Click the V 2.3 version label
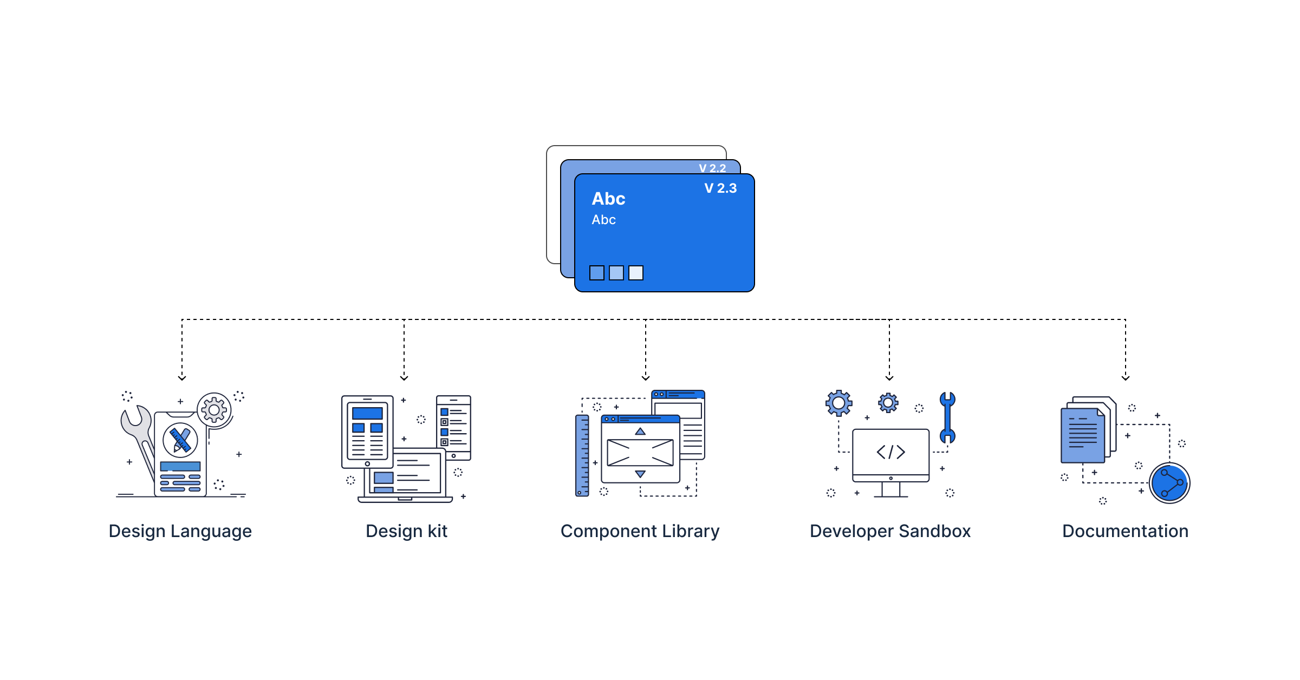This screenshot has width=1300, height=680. [x=720, y=188]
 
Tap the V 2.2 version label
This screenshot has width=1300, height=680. [x=712, y=168]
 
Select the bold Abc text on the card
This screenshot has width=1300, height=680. [x=608, y=199]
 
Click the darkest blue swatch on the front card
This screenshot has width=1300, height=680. [x=596, y=273]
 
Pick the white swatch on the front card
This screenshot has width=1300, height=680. [x=636, y=273]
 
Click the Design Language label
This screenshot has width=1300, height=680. [x=180, y=531]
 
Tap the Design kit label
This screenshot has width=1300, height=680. [x=406, y=531]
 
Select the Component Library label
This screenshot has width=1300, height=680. [x=640, y=531]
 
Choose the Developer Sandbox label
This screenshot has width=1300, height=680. [x=890, y=531]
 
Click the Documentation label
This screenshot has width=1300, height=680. [x=1125, y=531]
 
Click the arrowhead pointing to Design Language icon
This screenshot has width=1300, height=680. [x=182, y=377]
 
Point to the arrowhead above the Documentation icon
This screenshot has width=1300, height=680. [x=1126, y=377]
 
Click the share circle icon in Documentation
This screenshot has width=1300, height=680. [x=1169, y=483]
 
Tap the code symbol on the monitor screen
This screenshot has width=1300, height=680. [x=890, y=452]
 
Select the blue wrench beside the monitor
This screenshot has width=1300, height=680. [x=947, y=417]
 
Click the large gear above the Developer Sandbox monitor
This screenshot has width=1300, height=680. [x=838, y=403]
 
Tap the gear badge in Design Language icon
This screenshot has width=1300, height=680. [x=214, y=410]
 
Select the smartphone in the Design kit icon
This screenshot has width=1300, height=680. [x=454, y=427]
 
